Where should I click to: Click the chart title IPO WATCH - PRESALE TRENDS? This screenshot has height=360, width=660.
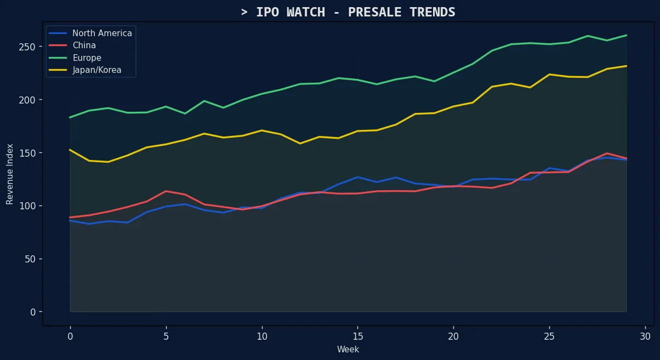[x=348, y=12]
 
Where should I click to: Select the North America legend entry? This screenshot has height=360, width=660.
[x=102, y=33]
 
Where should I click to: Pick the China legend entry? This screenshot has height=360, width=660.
[x=84, y=45]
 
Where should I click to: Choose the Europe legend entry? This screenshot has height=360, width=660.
[x=87, y=58]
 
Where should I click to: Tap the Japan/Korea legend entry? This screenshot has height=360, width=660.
[x=96, y=70]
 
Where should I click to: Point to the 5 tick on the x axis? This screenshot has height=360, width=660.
[x=166, y=335]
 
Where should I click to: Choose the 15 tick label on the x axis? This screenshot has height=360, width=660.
[x=357, y=335]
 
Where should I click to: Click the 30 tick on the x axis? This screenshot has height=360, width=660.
[x=645, y=335]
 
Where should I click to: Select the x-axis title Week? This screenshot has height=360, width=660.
[x=348, y=349]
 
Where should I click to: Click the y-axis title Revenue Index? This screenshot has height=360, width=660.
[x=10, y=174]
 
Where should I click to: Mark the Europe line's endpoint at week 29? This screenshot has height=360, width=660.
[x=626, y=35]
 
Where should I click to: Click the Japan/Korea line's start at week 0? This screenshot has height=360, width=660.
[x=70, y=150]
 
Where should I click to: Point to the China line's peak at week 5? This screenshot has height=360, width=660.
[x=166, y=191]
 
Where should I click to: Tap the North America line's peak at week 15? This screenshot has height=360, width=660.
[x=357, y=177]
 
